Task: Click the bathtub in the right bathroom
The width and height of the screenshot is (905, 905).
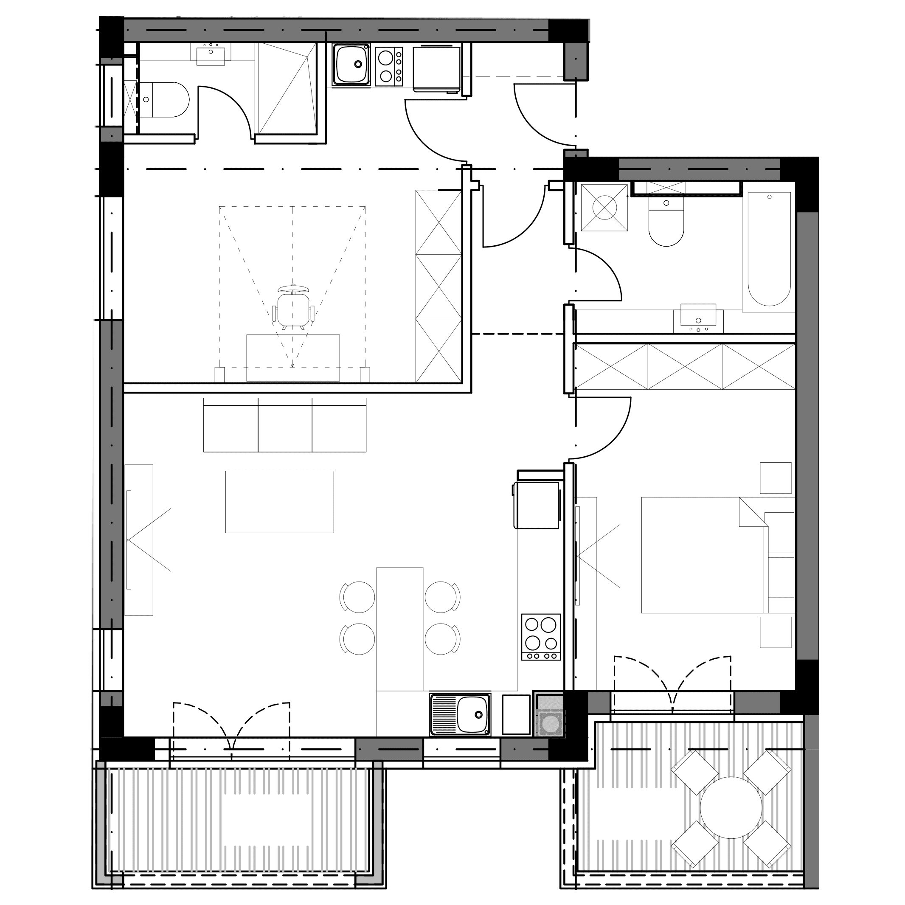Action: coord(769,248)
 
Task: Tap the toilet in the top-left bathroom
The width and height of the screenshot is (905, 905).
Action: coord(166,100)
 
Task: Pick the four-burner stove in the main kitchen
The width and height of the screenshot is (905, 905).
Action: coord(541,637)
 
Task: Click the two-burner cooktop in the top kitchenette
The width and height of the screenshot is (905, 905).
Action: coord(389,66)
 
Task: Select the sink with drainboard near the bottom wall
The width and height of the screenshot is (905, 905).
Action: coord(461,715)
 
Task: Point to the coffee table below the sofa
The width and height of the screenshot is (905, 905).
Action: coord(280,502)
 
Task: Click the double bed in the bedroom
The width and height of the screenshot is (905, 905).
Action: coord(703,555)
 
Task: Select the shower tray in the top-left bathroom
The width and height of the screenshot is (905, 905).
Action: coord(286,89)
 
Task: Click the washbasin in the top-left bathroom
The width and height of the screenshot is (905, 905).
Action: coord(211,54)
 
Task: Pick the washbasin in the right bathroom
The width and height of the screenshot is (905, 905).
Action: coord(698,316)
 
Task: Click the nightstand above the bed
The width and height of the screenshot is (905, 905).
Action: coord(775,478)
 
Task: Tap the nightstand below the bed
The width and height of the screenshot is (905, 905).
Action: coord(775,632)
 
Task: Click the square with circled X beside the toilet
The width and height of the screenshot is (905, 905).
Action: coord(604,208)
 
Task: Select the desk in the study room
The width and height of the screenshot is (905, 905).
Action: coord(293,358)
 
